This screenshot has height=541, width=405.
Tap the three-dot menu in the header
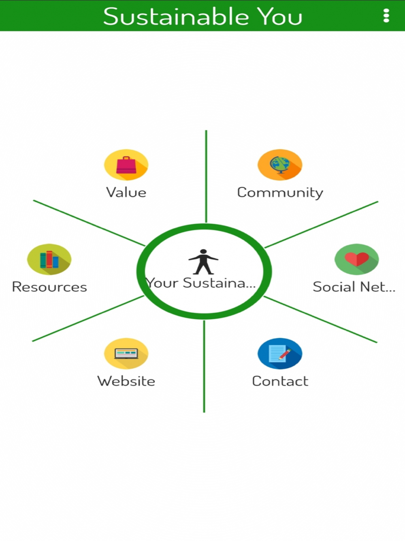(x=386, y=16)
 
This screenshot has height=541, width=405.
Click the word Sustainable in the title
(x=176, y=17)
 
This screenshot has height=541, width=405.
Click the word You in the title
(x=280, y=17)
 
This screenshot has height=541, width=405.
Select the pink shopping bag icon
(x=126, y=165)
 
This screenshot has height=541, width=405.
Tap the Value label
(x=126, y=192)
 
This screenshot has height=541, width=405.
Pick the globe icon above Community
(x=279, y=165)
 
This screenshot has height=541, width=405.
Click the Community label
(x=280, y=192)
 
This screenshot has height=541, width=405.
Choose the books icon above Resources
(x=49, y=259)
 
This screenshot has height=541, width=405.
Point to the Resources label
(x=49, y=287)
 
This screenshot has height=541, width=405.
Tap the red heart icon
(x=356, y=259)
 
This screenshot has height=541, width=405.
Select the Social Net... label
(x=354, y=287)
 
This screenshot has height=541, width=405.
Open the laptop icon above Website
(x=126, y=354)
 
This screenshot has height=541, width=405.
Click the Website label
(x=126, y=381)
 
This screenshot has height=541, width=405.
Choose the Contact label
(x=280, y=381)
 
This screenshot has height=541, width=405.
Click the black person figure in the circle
(x=203, y=262)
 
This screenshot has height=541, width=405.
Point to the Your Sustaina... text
(x=201, y=283)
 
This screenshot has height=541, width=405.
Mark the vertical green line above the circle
(x=206, y=176)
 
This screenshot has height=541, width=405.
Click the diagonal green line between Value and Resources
(x=89, y=223)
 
